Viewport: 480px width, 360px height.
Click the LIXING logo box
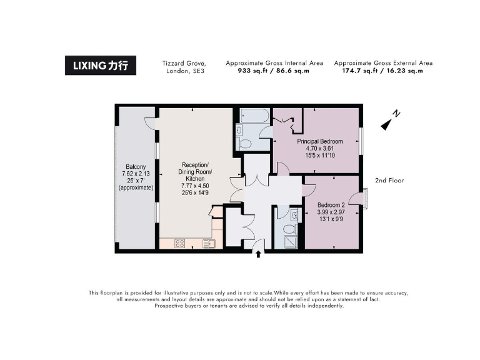click(x=100, y=66)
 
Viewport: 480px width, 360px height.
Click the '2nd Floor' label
click(x=389, y=181)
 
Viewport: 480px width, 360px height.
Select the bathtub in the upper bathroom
click(x=254, y=116)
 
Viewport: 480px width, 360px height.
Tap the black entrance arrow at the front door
click(x=259, y=252)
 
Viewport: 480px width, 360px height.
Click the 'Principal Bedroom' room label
click(x=319, y=141)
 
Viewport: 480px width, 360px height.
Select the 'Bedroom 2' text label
click(x=331, y=205)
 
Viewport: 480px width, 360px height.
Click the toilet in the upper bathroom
click(x=245, y=144)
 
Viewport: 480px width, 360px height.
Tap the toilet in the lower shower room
click(x=294, y=214)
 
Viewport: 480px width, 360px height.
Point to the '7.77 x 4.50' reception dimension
click(x=196, y=186)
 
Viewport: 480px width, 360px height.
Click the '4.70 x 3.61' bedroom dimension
click(x=319, y=148)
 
